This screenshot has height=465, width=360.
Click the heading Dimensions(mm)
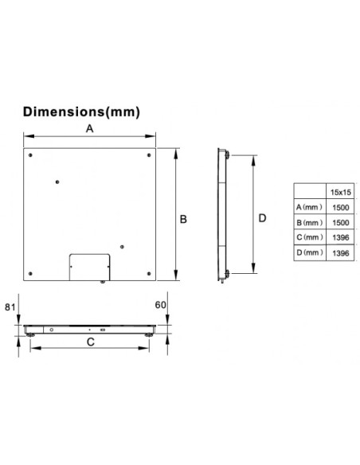tap(81, 112)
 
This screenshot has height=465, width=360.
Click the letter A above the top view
tap(89, 129)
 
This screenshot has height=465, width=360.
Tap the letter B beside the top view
tap(183, 219)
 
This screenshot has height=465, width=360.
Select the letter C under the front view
tap(91, 342)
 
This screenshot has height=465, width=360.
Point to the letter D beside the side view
tap(262, 218)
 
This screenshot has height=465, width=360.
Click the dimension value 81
tap(10, 307)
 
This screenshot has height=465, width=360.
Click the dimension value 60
tap(160, 305)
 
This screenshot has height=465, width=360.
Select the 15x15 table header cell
tap(340, 192)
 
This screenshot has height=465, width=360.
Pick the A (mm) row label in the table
tap(309, 207)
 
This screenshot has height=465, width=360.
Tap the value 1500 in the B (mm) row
tap(340, 223)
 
